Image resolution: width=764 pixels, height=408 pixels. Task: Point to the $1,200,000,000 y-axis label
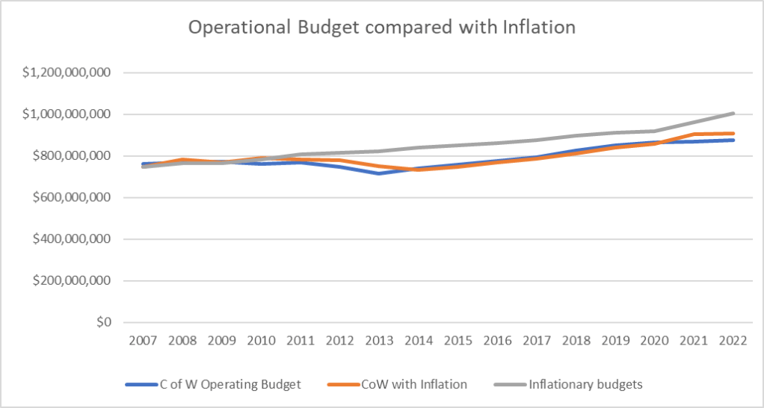pos(67,73)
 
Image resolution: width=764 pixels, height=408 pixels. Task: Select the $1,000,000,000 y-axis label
pos(67,115)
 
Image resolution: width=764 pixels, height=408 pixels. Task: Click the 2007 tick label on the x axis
pos(143,340)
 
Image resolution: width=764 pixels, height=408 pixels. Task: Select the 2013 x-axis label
pos(379,340)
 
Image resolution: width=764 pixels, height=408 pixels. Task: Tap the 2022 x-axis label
pos(734,340)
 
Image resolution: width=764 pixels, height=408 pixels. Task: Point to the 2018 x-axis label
pos(576,340)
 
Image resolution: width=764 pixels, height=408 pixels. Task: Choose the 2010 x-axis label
pos(261,340)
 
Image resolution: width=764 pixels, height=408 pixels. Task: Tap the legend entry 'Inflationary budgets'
pos(585,385)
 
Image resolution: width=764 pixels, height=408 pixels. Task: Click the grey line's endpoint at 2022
pos(734,114)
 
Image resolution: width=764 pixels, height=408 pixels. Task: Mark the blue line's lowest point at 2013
pos(379,174)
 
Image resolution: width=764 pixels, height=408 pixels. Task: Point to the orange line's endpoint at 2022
pos(734,134)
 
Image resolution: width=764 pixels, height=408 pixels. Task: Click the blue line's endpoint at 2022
pos(734,140)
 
